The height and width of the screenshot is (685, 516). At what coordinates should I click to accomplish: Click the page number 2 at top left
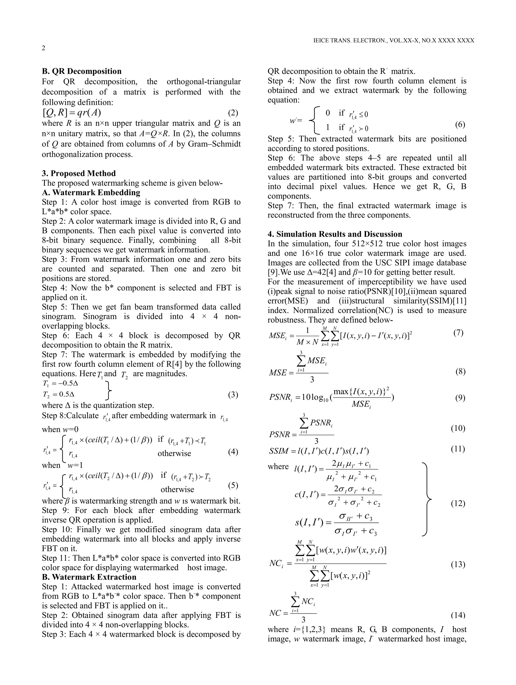[x=43, y=48]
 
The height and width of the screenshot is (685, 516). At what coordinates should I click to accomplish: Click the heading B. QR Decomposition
[x=82, y=71]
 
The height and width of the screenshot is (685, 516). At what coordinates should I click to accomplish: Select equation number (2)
[x=233, y=113]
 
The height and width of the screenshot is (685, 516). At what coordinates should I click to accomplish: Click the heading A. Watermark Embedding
[x=91, y=192]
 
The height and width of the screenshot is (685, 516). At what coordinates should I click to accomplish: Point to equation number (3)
[x=233, y=395]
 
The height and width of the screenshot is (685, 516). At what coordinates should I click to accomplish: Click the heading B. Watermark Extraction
[x=89, y=577]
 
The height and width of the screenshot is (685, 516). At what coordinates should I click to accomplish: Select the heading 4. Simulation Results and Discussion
[x=335, y=234]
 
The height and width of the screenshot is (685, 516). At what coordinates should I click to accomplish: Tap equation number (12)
[x=458, y=503]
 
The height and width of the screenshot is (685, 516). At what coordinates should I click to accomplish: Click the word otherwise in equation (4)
[x=174, y=453]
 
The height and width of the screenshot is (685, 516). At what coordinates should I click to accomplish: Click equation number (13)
[x=458, y=564]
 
